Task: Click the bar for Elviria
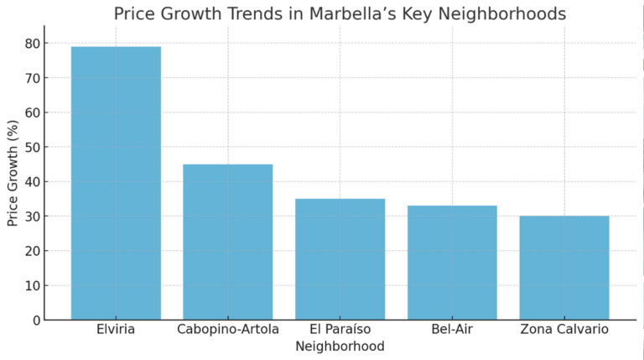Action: click(116, 183)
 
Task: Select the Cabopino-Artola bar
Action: click(228, 242)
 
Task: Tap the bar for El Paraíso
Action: click(340, 258)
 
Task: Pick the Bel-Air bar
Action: click(452, 262)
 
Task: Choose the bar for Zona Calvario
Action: click(564, 267)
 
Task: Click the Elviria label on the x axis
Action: click(116, 329)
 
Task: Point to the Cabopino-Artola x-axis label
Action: click(228, 329)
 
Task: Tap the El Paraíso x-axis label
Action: click(340, 329)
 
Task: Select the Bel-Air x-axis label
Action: click(452, 329)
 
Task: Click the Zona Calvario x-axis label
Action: click(564, 329)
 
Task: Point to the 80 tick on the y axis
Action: click(32, 44)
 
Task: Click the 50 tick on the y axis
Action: click(32, 147)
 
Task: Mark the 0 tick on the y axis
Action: click(35, 320)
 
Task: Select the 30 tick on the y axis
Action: click(32, 217)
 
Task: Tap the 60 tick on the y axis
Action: click(32, 112)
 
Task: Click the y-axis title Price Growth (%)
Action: click(13, 173)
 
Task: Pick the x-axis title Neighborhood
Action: click(340, 346)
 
